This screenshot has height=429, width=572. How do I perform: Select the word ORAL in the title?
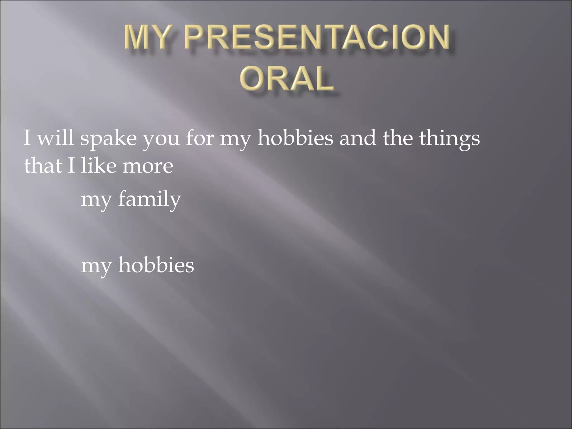(287, 79)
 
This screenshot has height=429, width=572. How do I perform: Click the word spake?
(108, 139)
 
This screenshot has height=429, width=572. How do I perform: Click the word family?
(149, 199)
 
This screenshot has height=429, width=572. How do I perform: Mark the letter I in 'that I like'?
(71, 165)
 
